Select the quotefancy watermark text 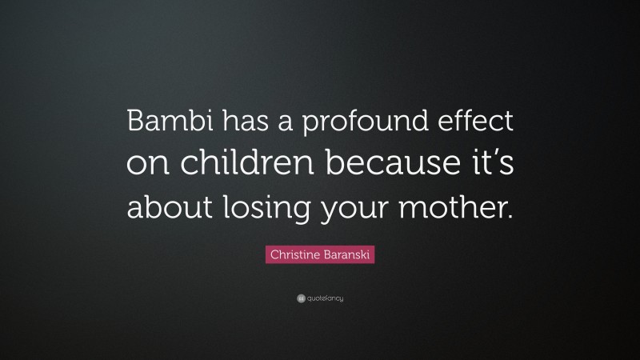pyautogui.click(x=325, y=298)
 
